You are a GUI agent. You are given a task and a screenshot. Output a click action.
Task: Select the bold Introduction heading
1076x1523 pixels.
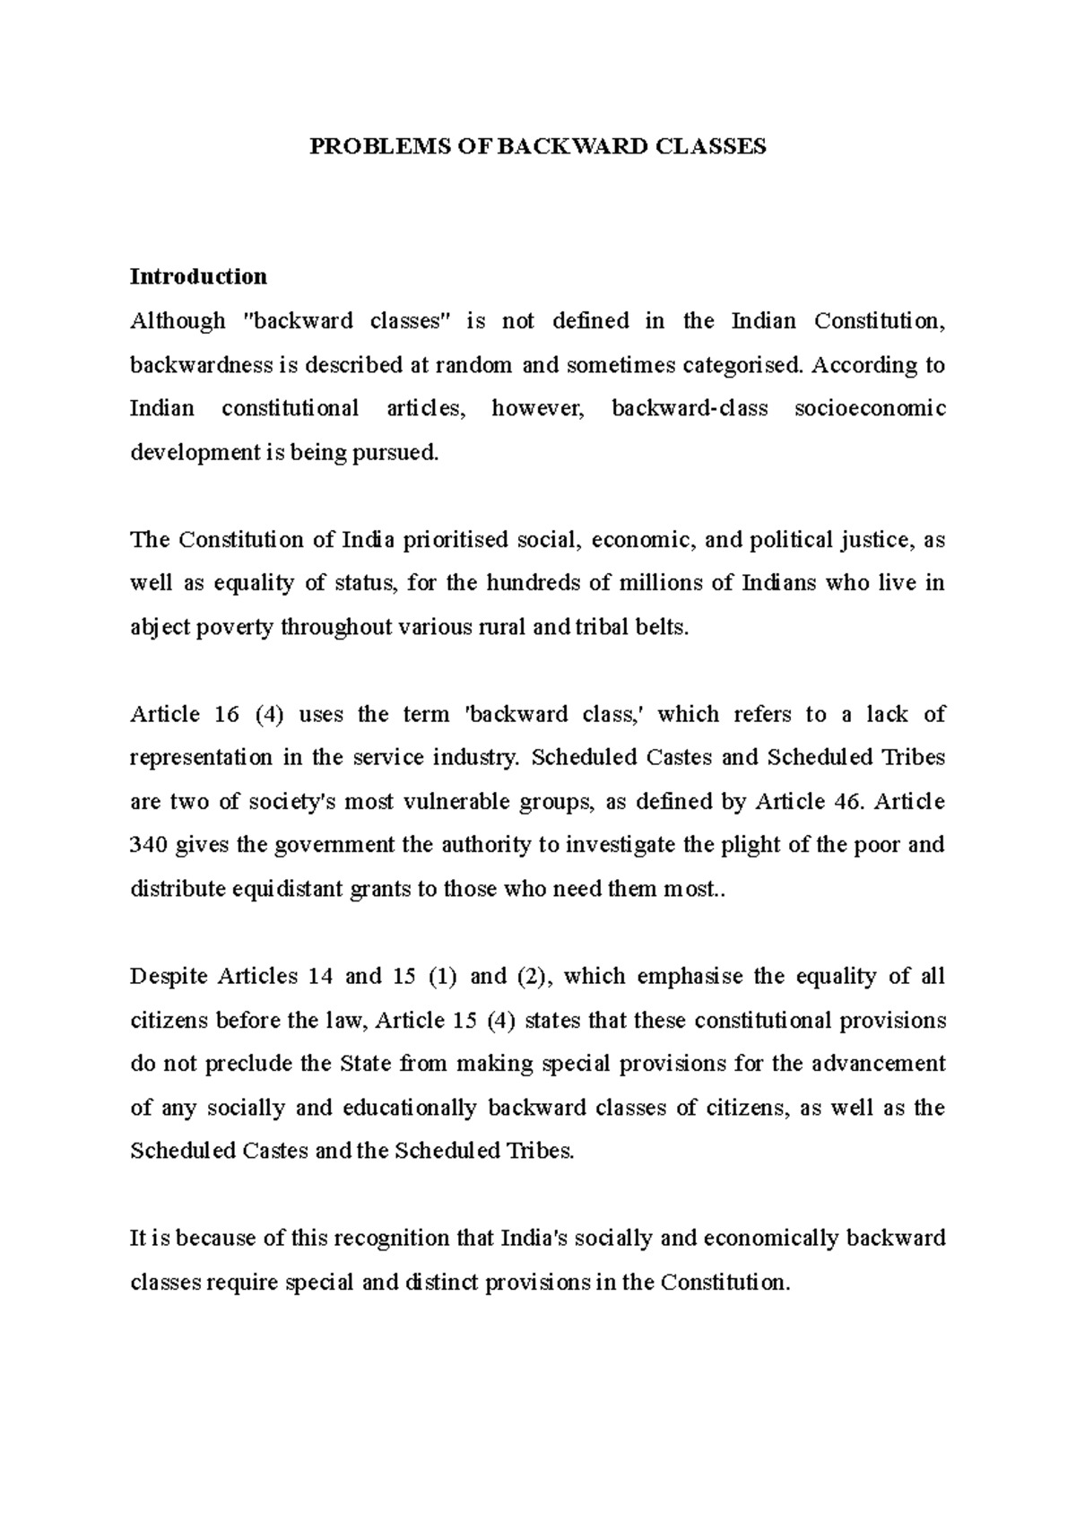click(x=198, y=276)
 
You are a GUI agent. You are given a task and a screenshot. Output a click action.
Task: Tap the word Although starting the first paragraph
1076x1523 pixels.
click(x=178, y=321)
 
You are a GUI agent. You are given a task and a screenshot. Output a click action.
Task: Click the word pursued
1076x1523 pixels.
click(x=395, y=453)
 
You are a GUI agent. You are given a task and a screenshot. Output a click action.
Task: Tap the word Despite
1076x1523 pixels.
click(x=169, y=977)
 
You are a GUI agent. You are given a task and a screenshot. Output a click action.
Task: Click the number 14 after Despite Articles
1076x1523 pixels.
click(x=320, y=977)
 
